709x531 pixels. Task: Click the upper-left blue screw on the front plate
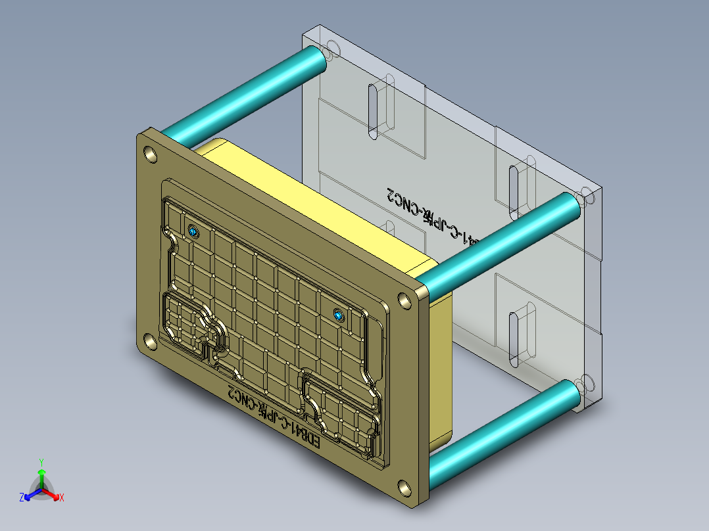tap(193, 231)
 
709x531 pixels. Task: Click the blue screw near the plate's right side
tap(339, 316)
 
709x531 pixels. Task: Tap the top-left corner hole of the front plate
tap(151, 155)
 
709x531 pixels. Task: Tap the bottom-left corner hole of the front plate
tap(150, 340)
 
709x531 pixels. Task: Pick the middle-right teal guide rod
tap(500, 244)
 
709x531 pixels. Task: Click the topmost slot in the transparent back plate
tap(374, 110)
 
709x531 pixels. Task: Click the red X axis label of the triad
tap(61, 498)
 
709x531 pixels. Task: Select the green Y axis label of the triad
tap(41, 461)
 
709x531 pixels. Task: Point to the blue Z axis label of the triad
tap(22, 498)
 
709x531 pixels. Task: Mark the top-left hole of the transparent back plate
tap(330, 48)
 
